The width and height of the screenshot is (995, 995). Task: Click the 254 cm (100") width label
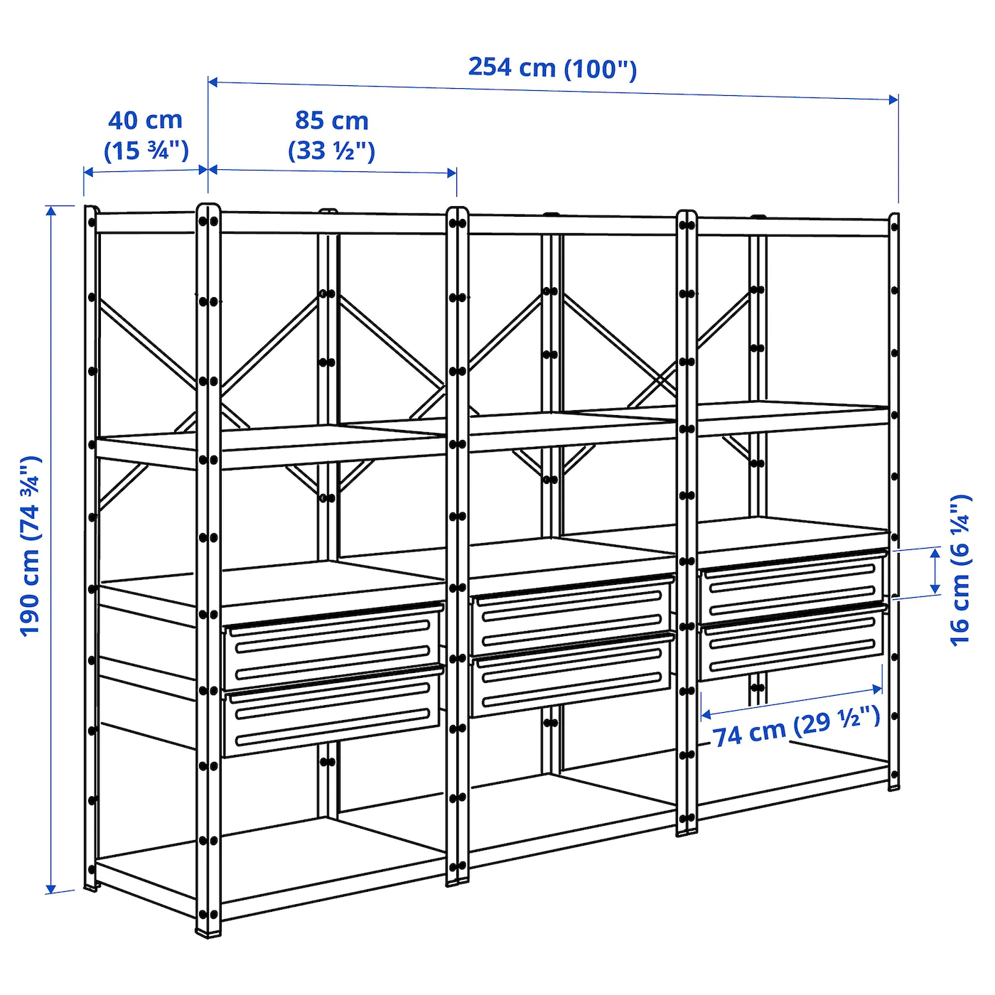tap(552, 68)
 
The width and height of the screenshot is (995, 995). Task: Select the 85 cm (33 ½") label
tap(332, 135)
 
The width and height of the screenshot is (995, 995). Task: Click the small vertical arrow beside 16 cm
tap(935, 571)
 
